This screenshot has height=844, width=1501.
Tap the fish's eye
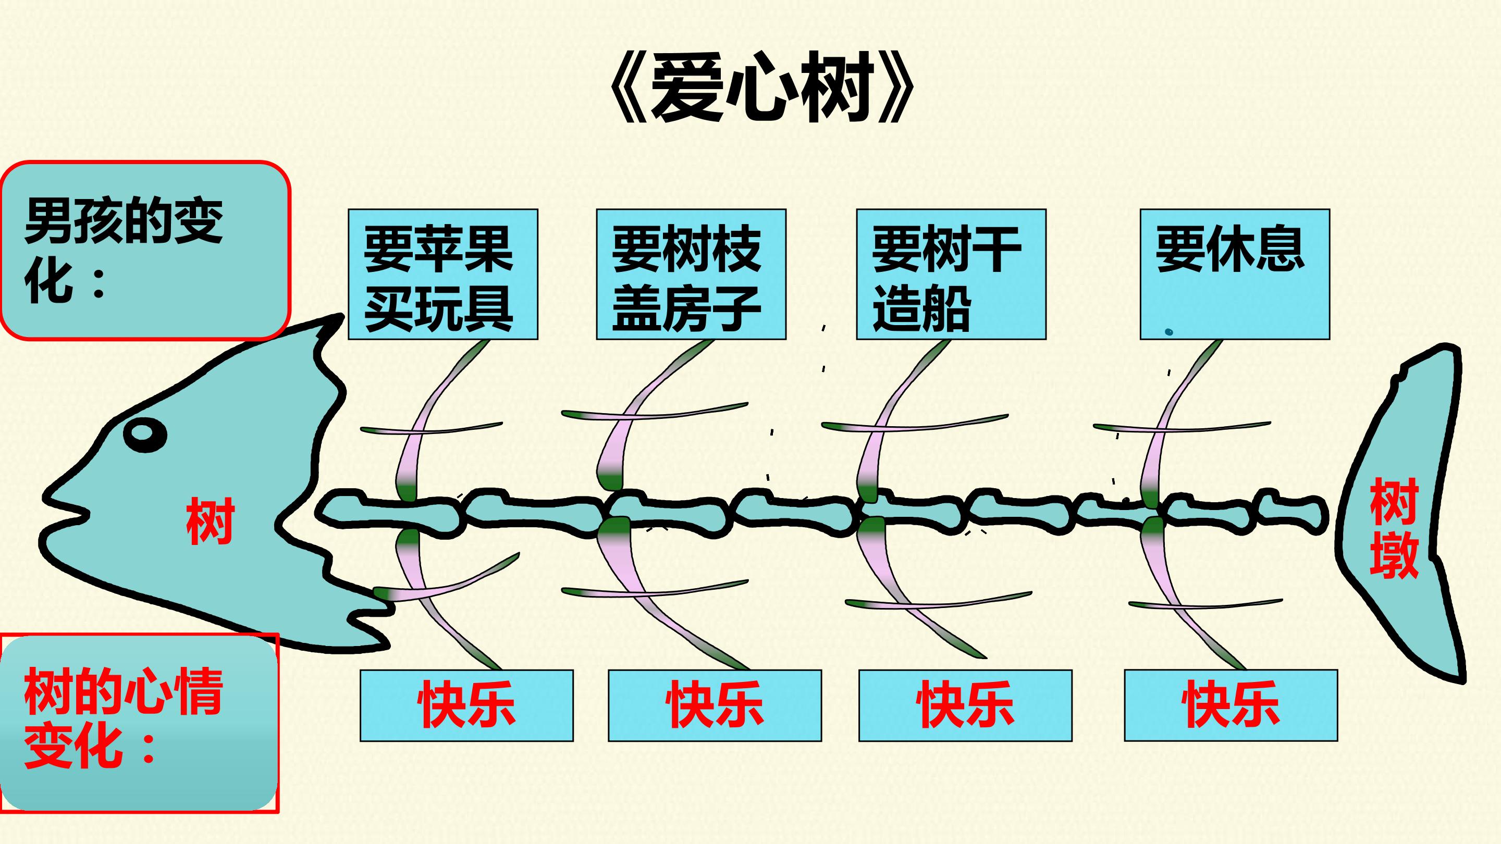(x=145, y=434)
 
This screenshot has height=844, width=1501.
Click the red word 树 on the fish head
(x=211, y=521)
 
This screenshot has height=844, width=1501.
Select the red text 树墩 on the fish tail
(x=1394, y=528)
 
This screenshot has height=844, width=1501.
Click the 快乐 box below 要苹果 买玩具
(x=467, y=705)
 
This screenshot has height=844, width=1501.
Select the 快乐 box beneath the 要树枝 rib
(x=715, y=705)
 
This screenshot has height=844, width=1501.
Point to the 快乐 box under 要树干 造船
(x=966, y=705)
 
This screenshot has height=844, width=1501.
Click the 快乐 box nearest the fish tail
(x=1231, y=705)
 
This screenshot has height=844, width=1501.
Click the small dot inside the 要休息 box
(x=1169, y=332)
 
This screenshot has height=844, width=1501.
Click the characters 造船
(x=922, y=309)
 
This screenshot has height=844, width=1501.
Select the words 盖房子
(x=686, y=309)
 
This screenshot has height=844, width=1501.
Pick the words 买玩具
(x=439, y=309)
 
